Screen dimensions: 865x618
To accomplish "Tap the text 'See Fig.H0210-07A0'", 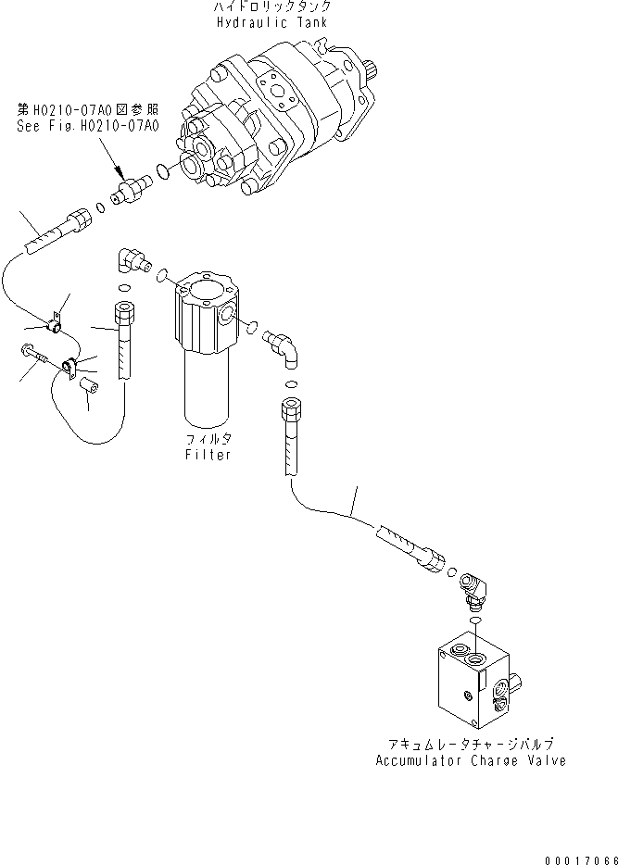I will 88,126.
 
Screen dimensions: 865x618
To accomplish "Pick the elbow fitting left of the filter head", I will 130,262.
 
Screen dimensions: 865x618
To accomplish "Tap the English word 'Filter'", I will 208,455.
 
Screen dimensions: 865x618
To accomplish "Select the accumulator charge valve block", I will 472,681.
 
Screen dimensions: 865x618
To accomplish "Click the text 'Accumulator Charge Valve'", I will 470,761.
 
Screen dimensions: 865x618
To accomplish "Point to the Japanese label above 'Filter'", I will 208,441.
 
